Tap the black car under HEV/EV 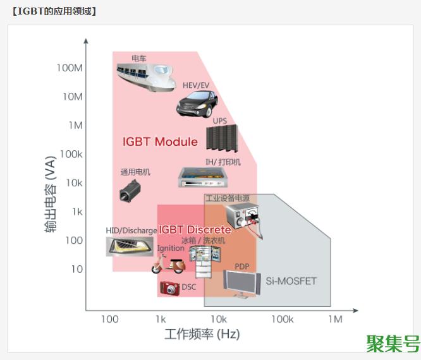click(197, 103)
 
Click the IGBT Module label click(160, 141)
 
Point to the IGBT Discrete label click(195, 230)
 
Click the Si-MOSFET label click(291, 281)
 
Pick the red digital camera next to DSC click(169, 288)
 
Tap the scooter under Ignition click(166, 264)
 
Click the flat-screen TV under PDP click(241, 285)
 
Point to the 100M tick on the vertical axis click(70, 68)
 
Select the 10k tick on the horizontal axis click(219, 319)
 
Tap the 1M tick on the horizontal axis click(334, 319)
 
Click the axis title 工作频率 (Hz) click(202, 334)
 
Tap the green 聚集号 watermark click(392, 343)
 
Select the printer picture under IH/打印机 click(204, 177)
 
